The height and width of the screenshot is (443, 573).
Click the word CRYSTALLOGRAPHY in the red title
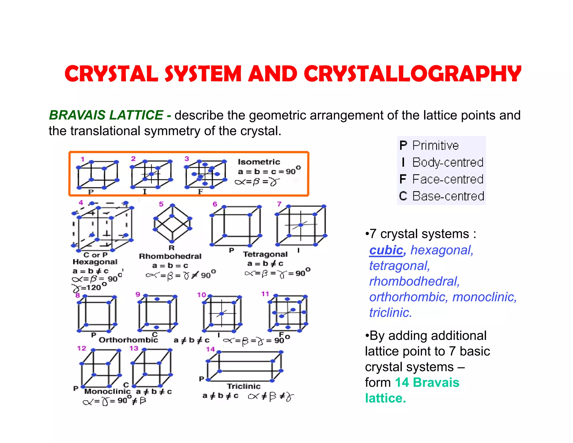[412, 74]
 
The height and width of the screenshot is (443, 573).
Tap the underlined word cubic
[386, 250]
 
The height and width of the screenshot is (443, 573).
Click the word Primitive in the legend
[435, 146]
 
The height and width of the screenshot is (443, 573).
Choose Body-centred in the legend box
[448, 162]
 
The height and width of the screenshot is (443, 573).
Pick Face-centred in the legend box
[448, 179]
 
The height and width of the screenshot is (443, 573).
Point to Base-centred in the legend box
[448, 196]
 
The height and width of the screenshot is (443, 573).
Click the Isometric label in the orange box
[259, 162]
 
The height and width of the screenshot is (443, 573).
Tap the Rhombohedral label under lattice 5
[170, 256]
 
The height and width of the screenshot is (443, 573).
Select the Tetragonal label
[265, 254]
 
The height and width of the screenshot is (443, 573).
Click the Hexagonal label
[95, 262]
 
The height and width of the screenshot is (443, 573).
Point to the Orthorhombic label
[128, 340]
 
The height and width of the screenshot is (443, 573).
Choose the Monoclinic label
[107, 391]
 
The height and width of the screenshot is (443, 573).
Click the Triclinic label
[244, 386]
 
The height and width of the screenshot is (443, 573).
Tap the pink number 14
[210, 349]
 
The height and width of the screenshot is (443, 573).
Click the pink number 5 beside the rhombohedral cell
[161, 204]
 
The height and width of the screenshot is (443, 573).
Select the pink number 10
[201, 295]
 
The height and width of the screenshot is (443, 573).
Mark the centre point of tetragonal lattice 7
[300, 225]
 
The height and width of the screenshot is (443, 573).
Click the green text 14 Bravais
[427, 383]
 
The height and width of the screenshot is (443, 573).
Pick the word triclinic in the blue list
[390, 313]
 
